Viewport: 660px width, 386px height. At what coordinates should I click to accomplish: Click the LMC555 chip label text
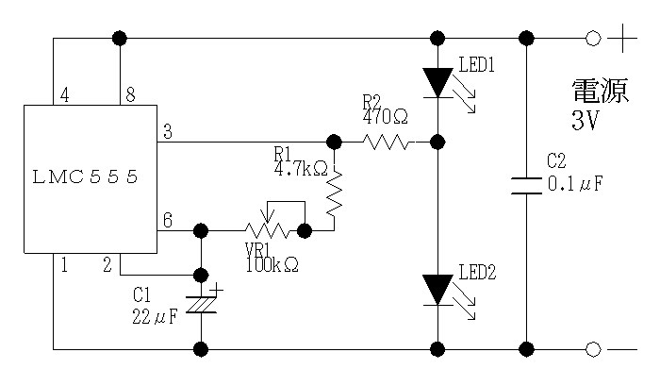pyautogui.click(x=85, y=177)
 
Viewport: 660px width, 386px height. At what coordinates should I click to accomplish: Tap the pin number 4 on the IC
pyautogui.click(x=64, y=95)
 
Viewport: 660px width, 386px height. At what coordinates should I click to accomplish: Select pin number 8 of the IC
pyautogui.click(x=130, y=95)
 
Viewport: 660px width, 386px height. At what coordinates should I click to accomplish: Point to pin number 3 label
pyautogui.click(x=168, y=132)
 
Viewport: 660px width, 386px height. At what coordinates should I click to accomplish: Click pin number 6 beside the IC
pyautogui.click(x=168, y=220)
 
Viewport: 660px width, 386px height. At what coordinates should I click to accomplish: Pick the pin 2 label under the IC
pyautogui.click(x=107, y=265)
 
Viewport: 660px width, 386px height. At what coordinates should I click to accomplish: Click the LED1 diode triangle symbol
pyautogui.click(x=437, y=83)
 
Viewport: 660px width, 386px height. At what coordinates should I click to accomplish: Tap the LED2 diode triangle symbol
pyautogui.click(x=437, y=290)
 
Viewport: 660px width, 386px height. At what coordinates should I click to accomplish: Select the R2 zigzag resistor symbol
pyautogui.click(x=386, y=143)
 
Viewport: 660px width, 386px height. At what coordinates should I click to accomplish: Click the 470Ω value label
pyautogui.click(x=385, y=116)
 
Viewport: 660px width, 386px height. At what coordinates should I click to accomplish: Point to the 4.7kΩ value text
pyautogui.click(x=301, y=169)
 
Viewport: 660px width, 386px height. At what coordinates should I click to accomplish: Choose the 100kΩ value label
pyautogui.click(x=272, y=265)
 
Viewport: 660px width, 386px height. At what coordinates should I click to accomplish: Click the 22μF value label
pyautogui.click(x=155, y=316)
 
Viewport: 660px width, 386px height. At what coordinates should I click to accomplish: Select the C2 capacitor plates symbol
pyautogui.click(x=526, y=186)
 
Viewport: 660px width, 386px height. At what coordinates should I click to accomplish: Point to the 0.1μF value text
pyautogui.click(x=575, y=184)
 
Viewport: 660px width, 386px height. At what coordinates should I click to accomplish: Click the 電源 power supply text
pyautogui.click(x=601, y=91)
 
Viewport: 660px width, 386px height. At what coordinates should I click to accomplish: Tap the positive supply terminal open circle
pyautogui.click(x=593, y=39)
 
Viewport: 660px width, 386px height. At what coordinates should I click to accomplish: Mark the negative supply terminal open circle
pyautogui.click(x=593, y=349)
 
